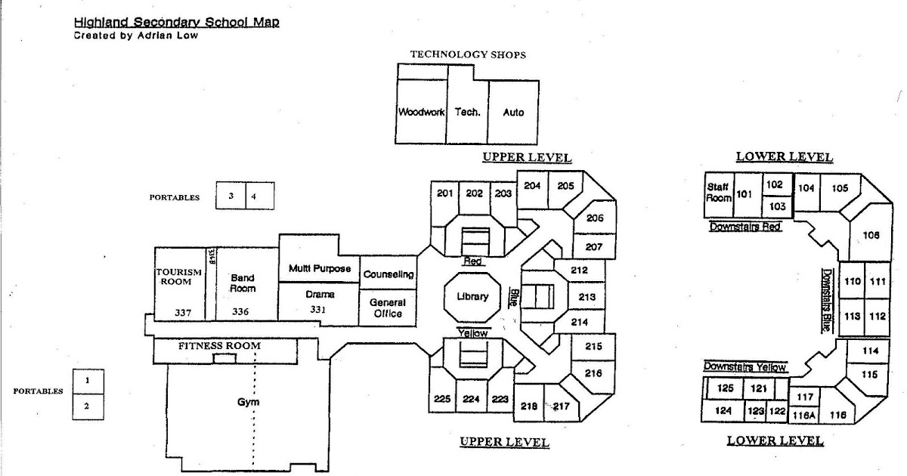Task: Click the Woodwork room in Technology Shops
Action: (x=421, y=112)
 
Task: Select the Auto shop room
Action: (x=513, y=112)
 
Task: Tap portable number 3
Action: (x=231, y=196)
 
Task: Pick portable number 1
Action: (x=88, y=381)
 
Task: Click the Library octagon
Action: (x=471, y=296)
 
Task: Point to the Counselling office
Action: (x=388, y=274)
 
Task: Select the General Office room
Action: (x=387, y=308)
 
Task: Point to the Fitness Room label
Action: (x=219, y=346)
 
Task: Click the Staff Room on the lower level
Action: (x=719, y=192)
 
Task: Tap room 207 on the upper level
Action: (x=593, y=246)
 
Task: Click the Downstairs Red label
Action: (x=744, y=227)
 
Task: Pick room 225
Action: (x=442, y=399)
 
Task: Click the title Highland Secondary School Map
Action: (x=177, y=23)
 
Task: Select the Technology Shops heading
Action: (x=467, y=54)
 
